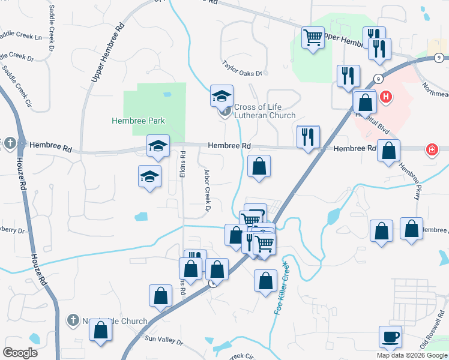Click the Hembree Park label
click(138, 121)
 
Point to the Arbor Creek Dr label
click(205, 190)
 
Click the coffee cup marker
click(390, 336)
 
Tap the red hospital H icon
click(386, 96)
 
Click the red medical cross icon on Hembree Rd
click(431, 149)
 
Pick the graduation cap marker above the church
click(221, 96)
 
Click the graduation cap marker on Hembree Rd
click(158, 146)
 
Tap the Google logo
click(20, 352)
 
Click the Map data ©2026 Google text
click(412, 355)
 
